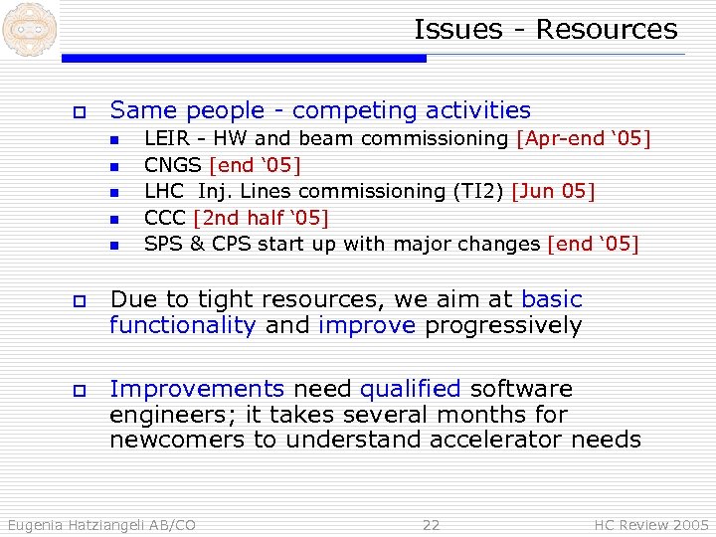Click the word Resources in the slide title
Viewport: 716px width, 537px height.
607,30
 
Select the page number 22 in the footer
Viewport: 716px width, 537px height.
431,525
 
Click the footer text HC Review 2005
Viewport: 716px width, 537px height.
651,525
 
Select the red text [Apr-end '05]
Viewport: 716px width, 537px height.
584,138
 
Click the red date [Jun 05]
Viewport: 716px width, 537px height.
553,190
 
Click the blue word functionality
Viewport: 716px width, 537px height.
182,326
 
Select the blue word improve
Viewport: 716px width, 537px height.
366,326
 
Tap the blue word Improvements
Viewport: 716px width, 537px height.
196,389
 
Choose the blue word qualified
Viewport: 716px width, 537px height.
411,389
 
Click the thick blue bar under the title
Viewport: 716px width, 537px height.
244,59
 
